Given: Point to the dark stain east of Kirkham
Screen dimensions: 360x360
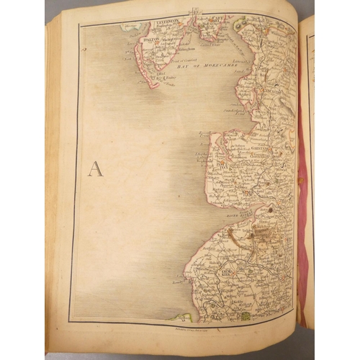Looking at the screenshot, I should coord(272,210).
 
